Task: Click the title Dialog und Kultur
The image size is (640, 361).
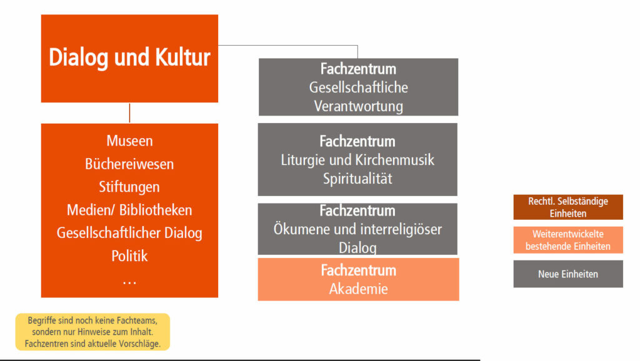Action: click(129, 57)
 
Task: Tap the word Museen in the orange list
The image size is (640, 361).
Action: click(129, 141)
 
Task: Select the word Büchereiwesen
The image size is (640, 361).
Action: click(129, 164)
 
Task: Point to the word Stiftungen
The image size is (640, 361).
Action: click(129, 187)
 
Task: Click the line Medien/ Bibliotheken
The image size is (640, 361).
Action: click(129, 210)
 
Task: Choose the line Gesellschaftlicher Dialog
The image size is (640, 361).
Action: click(129, 233)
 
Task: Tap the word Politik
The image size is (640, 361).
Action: click(129, 256)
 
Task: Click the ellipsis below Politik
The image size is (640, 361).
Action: click(129, 282)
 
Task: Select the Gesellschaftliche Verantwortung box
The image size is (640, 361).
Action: click(358, 87)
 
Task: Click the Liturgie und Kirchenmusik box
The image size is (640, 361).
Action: click(357, 159)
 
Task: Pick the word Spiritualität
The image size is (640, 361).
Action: click(357, 179)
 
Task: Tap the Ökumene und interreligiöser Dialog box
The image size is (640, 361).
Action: click(357, 229)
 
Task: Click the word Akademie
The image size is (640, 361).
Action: click(358, 289)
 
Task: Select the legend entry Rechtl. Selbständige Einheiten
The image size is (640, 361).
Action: click(568, 207)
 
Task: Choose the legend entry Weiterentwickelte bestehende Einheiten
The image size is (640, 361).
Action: click(568, 240)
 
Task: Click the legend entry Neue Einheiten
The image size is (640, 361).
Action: click(568, 274)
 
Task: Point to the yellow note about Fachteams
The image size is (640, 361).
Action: click(92, 332)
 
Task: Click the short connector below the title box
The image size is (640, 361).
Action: click(129, 113)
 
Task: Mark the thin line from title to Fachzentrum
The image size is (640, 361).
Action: click(287, 45)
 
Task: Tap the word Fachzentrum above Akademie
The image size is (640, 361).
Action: click(358, 270)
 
